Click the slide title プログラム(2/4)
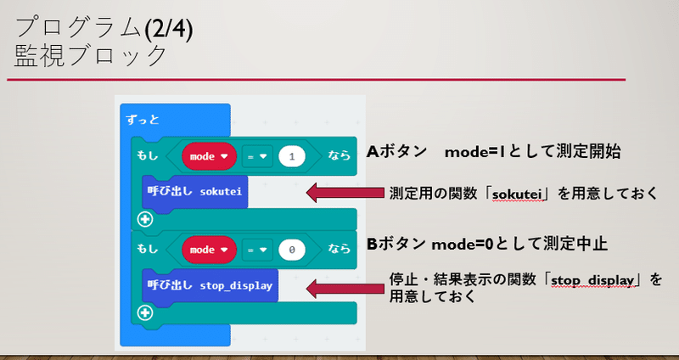coord(104,30)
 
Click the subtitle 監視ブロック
coord(91,56)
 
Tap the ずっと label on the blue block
coord(143,120)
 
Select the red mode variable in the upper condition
coord(209,156)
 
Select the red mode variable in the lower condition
coord(209,250)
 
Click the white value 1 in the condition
coord(292,156)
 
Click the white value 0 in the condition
coord(292,250)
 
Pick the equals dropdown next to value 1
coord(257,156)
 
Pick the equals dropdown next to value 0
coord(257,250)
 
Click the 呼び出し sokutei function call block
coord(195,192)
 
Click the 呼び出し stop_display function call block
coord(210,285)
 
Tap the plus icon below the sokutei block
coord(144,220)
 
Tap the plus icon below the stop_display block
coord(144,312)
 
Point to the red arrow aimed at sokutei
coord(345,193)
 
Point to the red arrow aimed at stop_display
coord(345,288)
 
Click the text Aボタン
coord(396,152)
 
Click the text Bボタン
coord(396,244)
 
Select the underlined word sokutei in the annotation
coord(517,194)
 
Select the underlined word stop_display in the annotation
coord(592,281)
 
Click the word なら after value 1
coord(339,155)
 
